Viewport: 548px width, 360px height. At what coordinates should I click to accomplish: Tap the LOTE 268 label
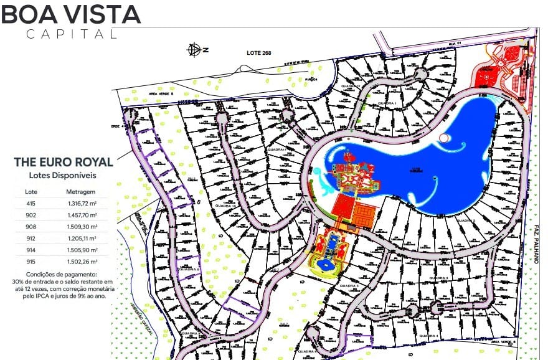[259, 52]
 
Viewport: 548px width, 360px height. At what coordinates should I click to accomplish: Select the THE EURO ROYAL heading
[64, 162]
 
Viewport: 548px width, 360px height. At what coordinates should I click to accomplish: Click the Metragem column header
[81, 192]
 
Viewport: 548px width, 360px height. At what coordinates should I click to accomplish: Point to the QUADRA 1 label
[387, 103]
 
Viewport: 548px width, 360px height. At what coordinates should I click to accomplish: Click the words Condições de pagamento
[62, 275]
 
